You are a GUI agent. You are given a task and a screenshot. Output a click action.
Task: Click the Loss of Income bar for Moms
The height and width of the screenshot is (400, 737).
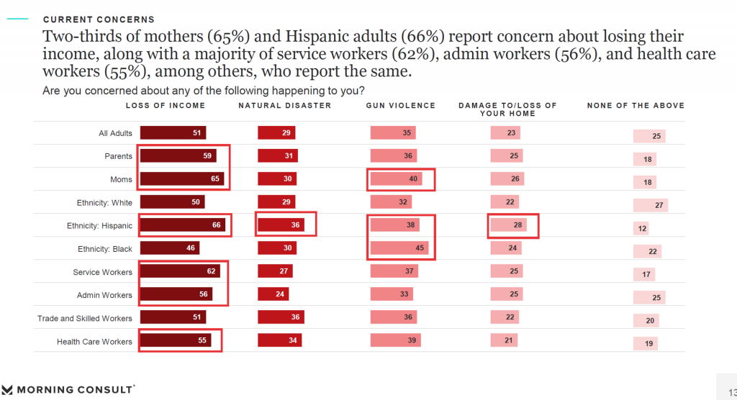point(182,179)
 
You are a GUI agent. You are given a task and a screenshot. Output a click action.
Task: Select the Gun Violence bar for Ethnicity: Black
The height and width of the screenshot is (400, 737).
point(399,249)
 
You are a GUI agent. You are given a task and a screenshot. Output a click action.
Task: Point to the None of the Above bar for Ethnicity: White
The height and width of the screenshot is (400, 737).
point(651,206)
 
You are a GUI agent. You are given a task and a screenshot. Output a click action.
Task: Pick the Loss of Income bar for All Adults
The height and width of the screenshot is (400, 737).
point(173,132)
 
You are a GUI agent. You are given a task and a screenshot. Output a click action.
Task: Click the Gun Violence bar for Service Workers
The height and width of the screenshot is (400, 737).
point(395,272)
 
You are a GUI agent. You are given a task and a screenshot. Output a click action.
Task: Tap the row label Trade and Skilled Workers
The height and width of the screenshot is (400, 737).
point(85,318)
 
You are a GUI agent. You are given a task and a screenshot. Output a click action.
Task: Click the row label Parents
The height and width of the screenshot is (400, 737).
point(118,156)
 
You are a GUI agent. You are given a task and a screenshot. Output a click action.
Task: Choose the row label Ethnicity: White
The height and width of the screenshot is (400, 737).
point(104,202)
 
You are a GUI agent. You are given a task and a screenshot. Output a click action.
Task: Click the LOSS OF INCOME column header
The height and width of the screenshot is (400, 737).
point(166,106)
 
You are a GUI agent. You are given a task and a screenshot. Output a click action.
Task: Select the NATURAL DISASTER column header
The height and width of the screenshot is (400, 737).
point(285,106)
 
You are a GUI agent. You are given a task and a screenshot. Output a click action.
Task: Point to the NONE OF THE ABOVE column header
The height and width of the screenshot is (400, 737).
point(636,106)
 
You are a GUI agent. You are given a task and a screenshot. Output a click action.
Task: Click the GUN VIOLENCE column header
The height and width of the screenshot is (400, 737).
point(401,106)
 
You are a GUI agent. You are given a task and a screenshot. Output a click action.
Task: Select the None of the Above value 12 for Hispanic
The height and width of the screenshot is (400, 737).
point(642,229)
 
